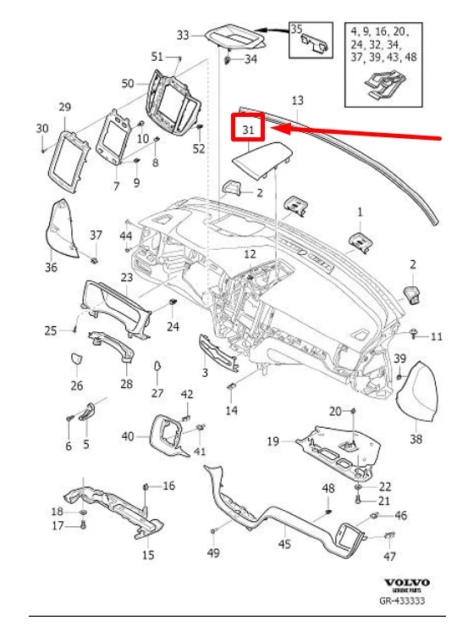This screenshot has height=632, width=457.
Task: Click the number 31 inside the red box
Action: point(248,130)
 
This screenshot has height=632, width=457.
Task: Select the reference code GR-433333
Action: point(402,601)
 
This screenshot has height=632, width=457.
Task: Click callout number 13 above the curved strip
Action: point(297,100)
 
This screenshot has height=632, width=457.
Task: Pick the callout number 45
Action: point(284,544)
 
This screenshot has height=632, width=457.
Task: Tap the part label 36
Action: point(51,267)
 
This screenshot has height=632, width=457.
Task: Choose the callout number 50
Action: point(128,83)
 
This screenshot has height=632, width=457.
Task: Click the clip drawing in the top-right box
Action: point(384,84)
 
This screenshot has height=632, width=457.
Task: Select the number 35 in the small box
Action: point(296,29)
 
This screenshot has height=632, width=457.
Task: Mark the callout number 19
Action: point(273,441)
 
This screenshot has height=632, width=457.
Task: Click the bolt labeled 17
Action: point(83,524)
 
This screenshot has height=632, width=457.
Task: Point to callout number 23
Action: point(127,277)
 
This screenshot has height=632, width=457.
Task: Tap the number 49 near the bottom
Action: point(213,552)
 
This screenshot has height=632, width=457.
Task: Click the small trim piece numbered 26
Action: point(75,358)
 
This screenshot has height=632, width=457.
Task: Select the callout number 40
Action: point(128,436)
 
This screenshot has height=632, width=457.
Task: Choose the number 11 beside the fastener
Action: point(437,336)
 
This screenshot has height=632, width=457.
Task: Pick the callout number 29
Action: point(65,108)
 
